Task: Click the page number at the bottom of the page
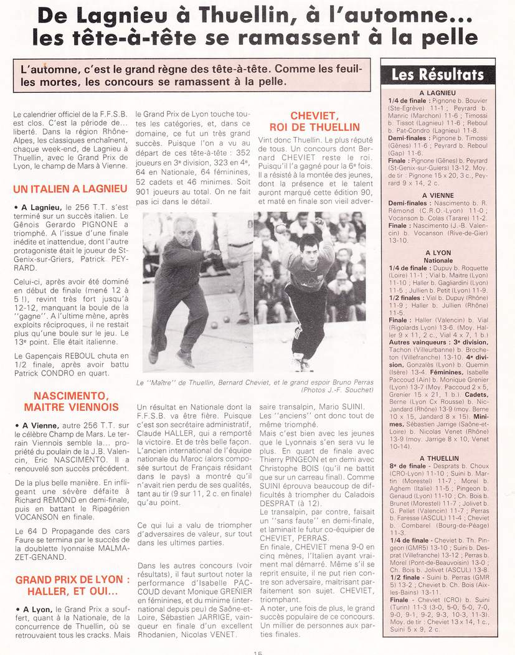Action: [x=257, y=652]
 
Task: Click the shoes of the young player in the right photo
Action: [x=301, y=365]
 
